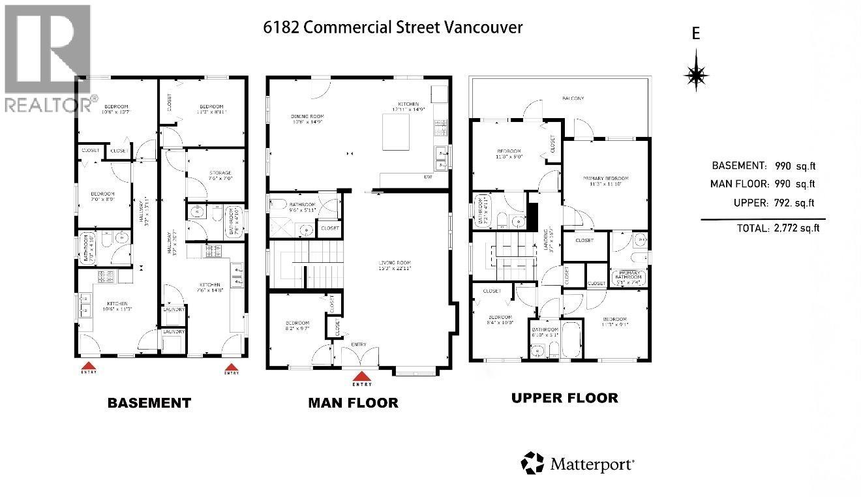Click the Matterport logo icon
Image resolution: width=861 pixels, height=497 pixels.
[532, 463]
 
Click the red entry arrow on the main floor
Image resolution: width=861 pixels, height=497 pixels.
[361, 376]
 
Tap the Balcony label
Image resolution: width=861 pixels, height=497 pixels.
[573, 98]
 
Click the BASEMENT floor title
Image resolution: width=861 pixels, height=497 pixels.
[149, 402]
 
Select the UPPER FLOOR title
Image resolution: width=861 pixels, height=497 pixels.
[564, 397]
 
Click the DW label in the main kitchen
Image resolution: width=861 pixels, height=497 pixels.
[428, 176]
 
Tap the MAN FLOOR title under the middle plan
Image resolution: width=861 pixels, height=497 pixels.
[353, 402]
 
